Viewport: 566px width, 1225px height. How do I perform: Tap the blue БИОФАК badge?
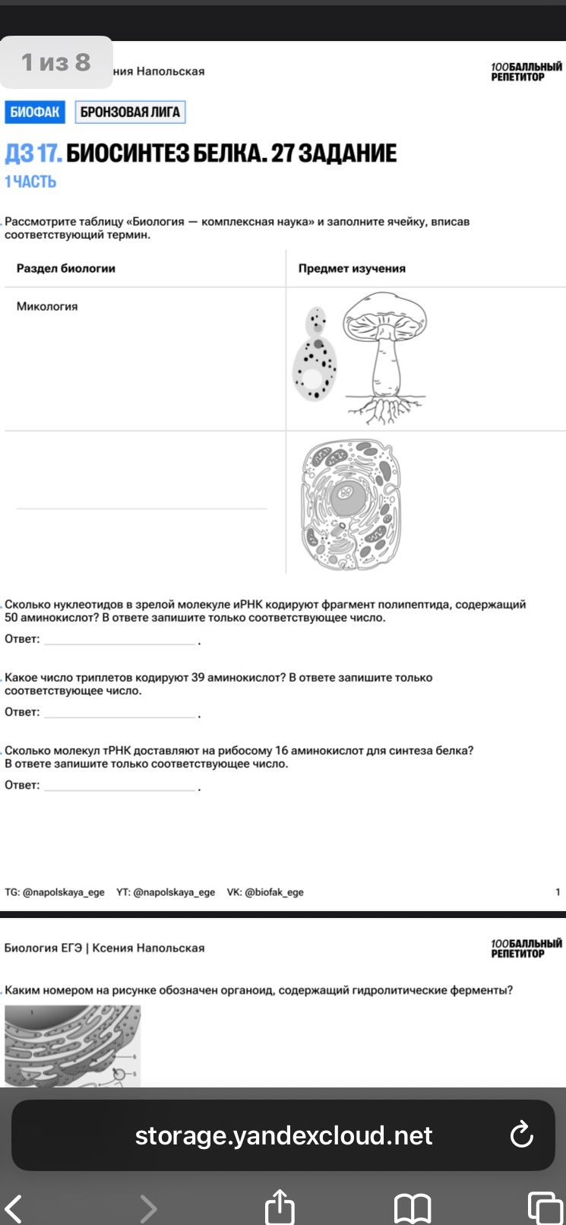pos(34,112)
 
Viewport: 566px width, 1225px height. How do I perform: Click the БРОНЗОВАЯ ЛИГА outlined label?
pos(130,112)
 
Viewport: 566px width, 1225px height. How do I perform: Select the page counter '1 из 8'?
pos(55,62)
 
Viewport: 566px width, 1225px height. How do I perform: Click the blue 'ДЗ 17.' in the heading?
pos(33,154)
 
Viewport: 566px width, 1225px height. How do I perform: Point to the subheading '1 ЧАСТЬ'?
pos(30,182)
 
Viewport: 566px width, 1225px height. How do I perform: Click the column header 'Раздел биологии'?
pos(65,268)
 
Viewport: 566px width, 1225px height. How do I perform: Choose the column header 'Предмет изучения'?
pos(352,268)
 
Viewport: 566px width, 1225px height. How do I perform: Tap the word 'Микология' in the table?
pos(47,306)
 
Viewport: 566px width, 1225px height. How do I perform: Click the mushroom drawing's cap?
pos(384,315)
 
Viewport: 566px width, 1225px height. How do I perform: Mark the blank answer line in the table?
pos(141,508)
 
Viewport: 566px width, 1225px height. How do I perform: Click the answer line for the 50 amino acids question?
pos(120,644)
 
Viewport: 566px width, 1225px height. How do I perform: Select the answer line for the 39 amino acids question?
pos(120,717)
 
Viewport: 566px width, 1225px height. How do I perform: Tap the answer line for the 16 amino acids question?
pos(120,790)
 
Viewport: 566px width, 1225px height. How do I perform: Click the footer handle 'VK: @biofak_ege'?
pos(265,892)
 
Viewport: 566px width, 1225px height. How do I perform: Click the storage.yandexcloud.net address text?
pos(283,1136)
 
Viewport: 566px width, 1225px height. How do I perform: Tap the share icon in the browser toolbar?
pos(280,1205)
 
